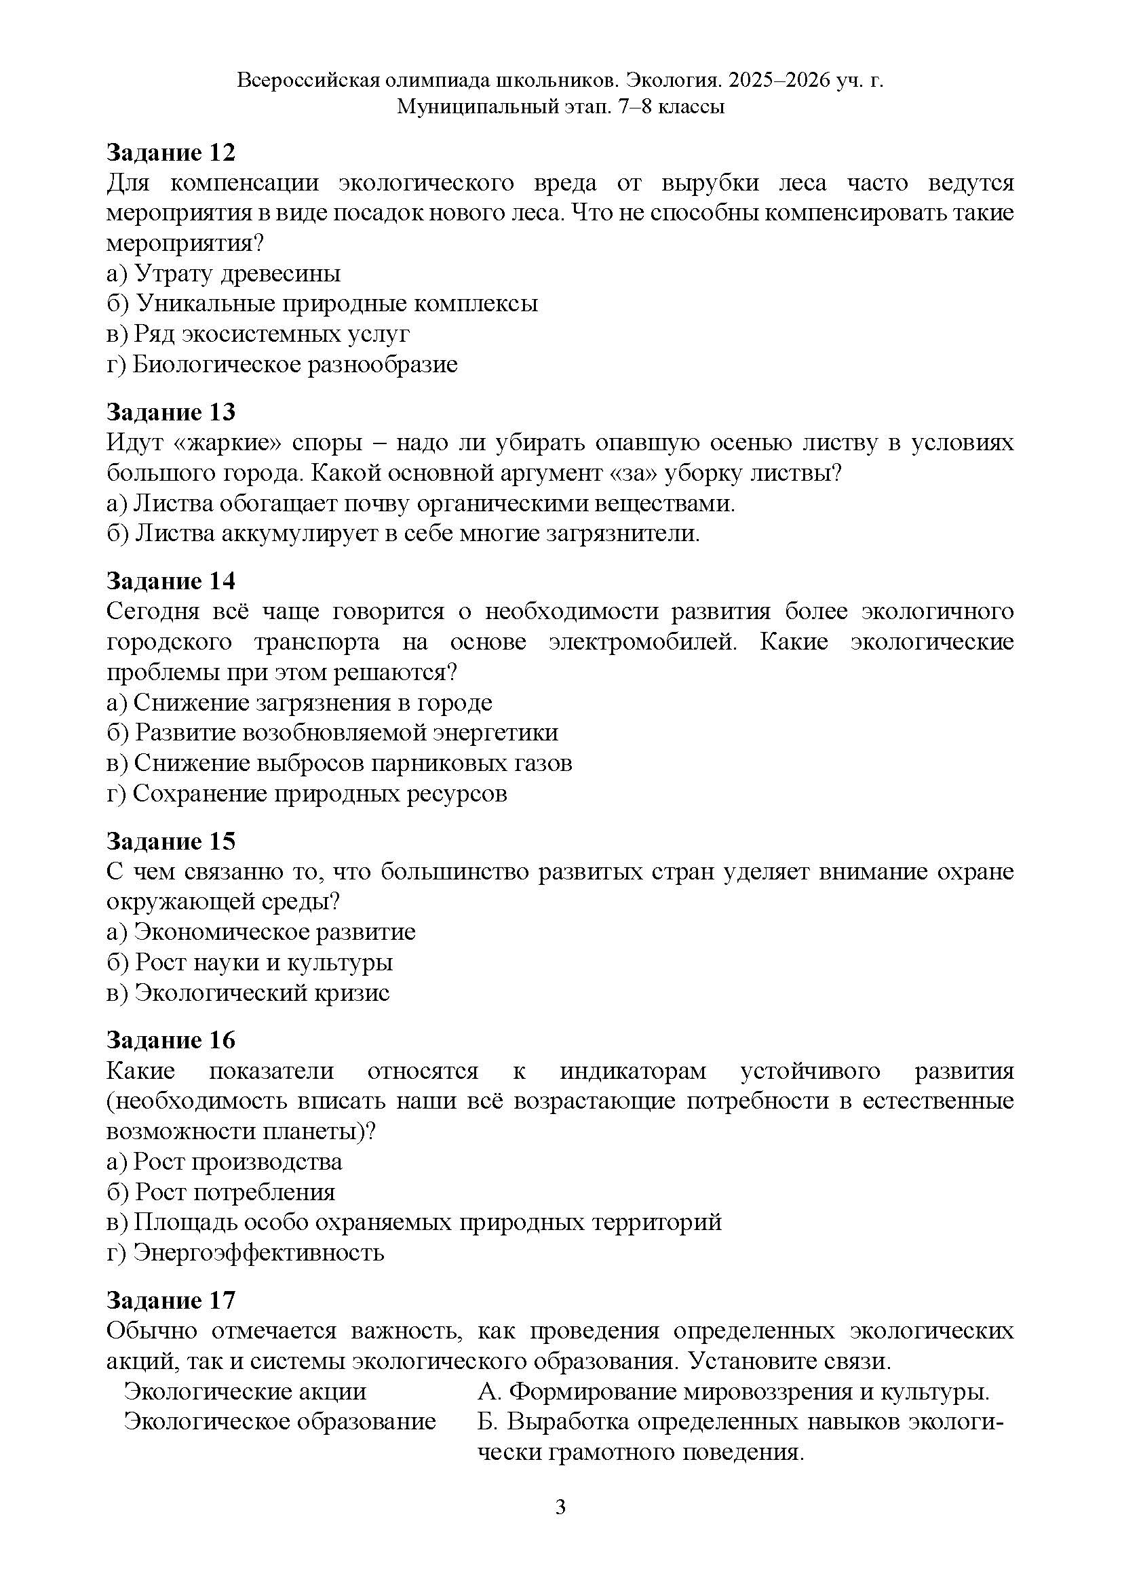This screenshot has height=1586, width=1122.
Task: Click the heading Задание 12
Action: click(x=171, y=153)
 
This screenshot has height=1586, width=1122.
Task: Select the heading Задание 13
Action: click(x=171, y=412)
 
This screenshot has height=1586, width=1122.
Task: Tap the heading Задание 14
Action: click(x=171, y=581)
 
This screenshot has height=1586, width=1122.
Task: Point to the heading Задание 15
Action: click(x=171, y=841)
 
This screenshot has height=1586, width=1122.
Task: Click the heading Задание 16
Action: click(x=171, y=1039)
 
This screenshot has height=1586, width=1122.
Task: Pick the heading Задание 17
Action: click(x=171, y=1300)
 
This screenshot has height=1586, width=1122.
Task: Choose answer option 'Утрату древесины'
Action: click(x=224, y=273)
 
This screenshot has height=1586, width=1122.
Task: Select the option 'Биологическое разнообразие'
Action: click(x=282, y=364)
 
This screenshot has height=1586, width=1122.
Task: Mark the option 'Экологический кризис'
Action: click(x=249, y=993)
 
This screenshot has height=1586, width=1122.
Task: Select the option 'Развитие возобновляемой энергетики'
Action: click(x=332, y=732)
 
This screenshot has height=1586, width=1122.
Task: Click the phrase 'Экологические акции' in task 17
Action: click(x=245, y=1391)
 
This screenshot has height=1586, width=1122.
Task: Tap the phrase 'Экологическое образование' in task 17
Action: click(x=279, y=1422)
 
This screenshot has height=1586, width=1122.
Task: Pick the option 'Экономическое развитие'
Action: click(x=261, y=932)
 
